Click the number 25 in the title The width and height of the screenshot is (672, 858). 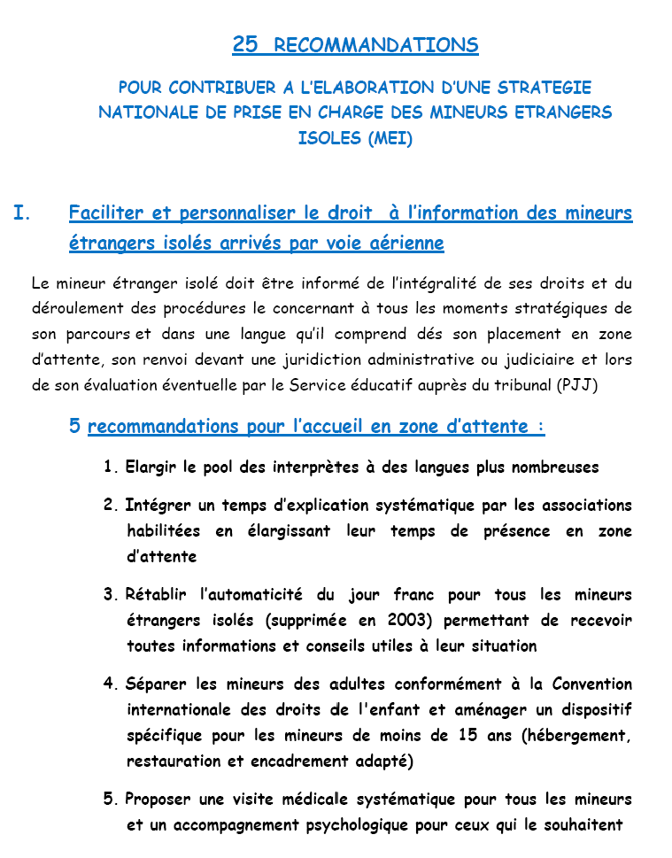coord(245,45)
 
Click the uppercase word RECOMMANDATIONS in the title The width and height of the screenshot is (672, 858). coord(376,46)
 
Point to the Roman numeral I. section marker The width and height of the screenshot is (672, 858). coord(23,213)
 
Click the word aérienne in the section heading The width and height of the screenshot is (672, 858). coord(402,243)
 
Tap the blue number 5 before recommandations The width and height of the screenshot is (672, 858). coord(75,427)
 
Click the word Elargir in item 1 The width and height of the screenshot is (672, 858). coord(153,468)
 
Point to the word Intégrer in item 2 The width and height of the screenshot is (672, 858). coord(157,506)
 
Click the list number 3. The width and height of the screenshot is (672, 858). coord(110,595)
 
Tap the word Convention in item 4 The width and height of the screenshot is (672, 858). coord(592,684)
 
